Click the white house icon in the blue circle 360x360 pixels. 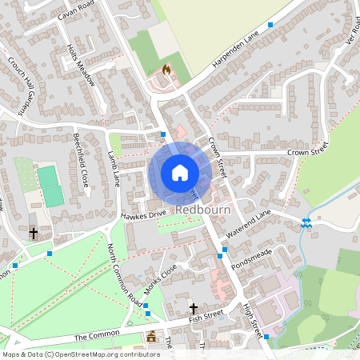180,173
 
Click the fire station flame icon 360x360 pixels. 166,70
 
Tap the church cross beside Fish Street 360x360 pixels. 193,308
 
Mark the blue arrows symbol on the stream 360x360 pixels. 305,223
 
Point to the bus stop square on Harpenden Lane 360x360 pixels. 270,26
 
